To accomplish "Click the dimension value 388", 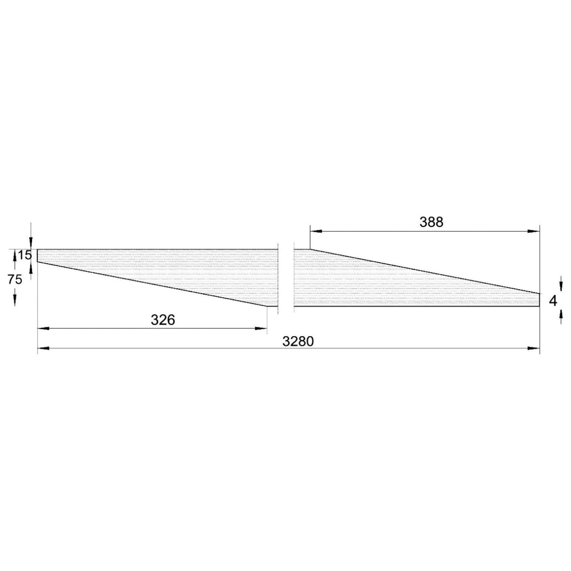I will click(431, 222).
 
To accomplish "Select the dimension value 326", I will click(163, 320).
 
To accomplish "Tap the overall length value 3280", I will click(298, 341).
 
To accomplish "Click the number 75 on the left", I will click(15, 279).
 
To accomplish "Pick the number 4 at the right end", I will click(553, 301).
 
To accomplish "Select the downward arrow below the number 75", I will click(15, 301).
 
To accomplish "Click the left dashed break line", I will click(278, 278).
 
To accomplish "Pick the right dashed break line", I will click(294, 278).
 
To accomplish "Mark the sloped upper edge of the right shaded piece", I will click(423, 271).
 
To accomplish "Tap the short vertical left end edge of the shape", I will click(38, 255).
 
